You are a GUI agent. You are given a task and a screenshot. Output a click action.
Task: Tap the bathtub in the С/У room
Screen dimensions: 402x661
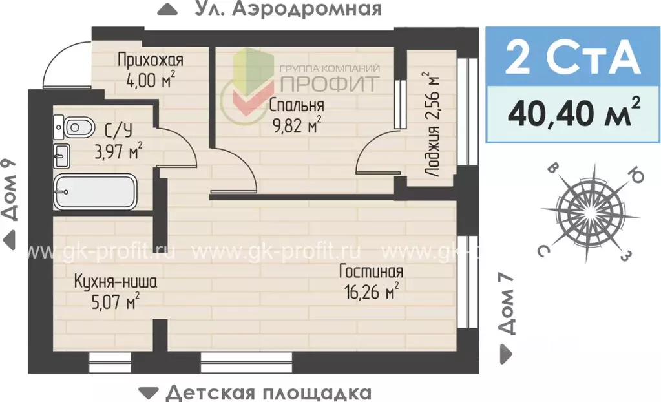tap(94, 191)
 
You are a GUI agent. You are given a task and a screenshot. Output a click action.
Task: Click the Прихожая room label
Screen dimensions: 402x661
tap(150, 60)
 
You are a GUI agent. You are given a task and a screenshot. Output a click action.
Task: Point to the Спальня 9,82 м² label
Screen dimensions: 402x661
tap(296, 114)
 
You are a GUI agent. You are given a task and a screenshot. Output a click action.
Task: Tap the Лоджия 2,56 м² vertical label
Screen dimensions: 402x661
tap(431, 127)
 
